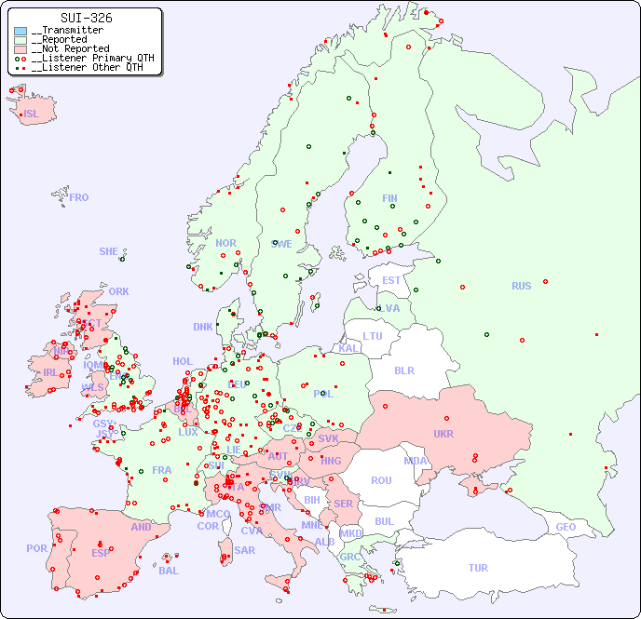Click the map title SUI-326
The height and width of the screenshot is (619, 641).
pos(86,18)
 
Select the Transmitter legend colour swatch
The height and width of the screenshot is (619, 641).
pos(20,31)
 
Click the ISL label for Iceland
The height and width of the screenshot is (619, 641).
pos(32,114)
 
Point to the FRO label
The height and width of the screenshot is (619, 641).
pos(79,197)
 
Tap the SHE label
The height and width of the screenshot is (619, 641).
pos(109,251)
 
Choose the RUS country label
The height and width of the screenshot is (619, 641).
pos(521,286)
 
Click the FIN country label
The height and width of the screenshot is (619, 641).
pos(389,198)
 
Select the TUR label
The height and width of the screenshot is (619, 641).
pos(478,568)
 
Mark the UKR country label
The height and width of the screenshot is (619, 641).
pos(443,434)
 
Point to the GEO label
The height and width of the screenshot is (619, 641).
pos(566,527)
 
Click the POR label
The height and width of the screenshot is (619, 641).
pos(36,548)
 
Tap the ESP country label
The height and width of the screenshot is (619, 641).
pos(101,552)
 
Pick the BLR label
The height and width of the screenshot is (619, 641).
pos(404,370)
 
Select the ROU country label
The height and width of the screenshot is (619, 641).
pos(381,480)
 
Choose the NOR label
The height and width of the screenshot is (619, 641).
pos(225,243)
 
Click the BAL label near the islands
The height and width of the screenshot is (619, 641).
pos(169,571)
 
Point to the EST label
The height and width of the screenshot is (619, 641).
pos(391,280)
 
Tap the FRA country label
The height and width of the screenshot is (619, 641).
pos(162,470)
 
